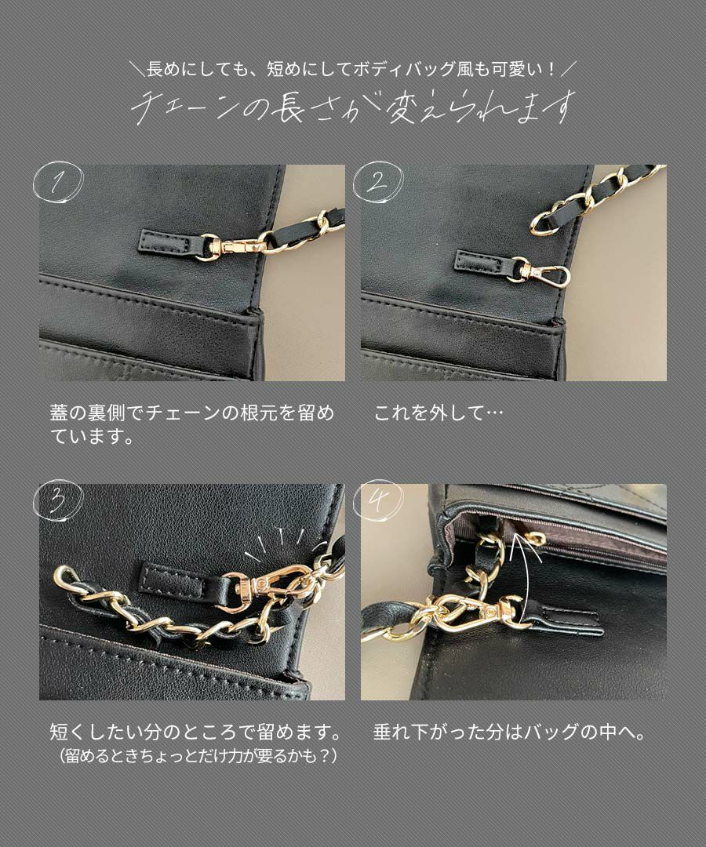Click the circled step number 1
[56, 185]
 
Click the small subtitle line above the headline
[353, 70]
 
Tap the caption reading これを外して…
[439, 413]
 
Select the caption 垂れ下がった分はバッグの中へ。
[510, 735]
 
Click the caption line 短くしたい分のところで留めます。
[196, 735]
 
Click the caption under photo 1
[192, 424]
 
